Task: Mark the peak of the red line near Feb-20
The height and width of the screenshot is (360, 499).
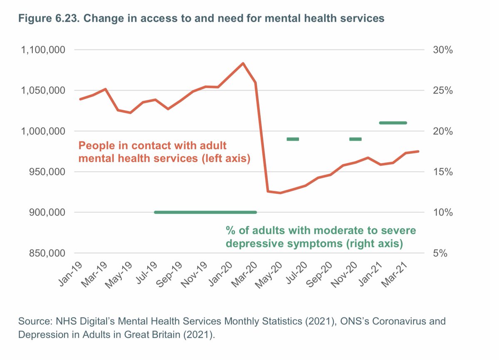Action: [243, 63]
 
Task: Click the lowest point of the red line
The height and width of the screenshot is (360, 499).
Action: [280, 193]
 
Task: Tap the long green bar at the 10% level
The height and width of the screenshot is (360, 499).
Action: [205, 212]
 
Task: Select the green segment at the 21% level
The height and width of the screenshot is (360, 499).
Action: [393, 123]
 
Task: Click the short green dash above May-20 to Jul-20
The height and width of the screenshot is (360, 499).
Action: [293, 139]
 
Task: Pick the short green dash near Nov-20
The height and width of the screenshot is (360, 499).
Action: [356, 139]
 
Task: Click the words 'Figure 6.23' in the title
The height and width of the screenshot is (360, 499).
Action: [46, 18]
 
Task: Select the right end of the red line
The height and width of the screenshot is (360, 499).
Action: [418, 151]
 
